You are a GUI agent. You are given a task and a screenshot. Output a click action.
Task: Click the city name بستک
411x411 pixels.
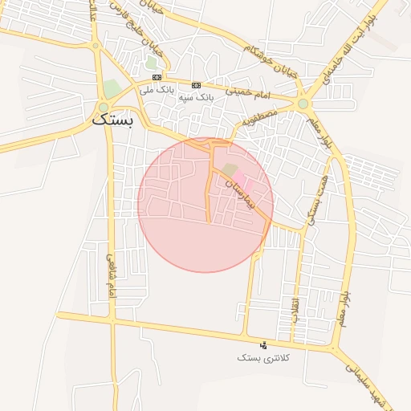115,120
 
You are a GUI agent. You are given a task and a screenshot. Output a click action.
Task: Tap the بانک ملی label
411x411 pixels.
156,90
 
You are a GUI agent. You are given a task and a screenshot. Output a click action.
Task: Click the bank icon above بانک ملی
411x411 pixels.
157,77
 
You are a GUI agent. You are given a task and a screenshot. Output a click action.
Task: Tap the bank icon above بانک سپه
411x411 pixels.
196,83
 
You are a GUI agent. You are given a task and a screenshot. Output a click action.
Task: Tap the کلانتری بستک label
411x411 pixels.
262,357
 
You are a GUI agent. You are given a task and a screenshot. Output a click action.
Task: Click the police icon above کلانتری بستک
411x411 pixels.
263,344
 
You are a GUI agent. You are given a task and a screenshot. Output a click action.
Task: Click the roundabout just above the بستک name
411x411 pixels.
104,107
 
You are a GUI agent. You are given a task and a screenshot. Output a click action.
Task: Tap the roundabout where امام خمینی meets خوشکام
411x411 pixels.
303,103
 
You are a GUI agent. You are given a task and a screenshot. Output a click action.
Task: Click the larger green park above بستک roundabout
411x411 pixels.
112,87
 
